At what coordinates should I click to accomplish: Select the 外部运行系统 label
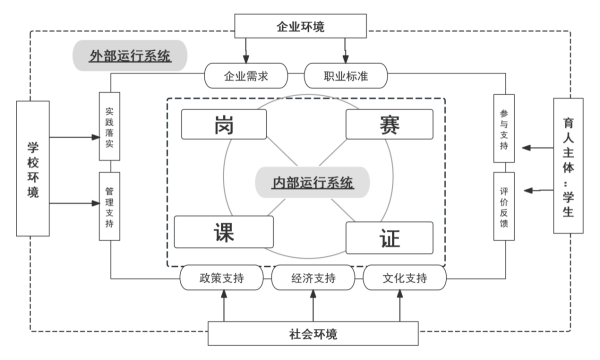click(131, 56)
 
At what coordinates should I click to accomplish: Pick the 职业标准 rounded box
click(345, 75)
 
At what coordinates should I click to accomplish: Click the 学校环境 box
click(33, 166)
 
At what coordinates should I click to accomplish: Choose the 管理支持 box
click(109, 206)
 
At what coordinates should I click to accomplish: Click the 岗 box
click(224, 126)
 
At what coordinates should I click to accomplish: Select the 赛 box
click(390, 125)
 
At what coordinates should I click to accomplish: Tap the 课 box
click(224, 232)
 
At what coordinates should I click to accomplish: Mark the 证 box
click(390, 238)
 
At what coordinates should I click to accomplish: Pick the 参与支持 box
click(504, 128)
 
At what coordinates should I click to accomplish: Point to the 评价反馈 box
click(504, 206)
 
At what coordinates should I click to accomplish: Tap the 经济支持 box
click(314, 277)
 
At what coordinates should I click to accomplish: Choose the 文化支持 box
click(404, 277)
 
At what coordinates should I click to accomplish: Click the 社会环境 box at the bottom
click(312, 334)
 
